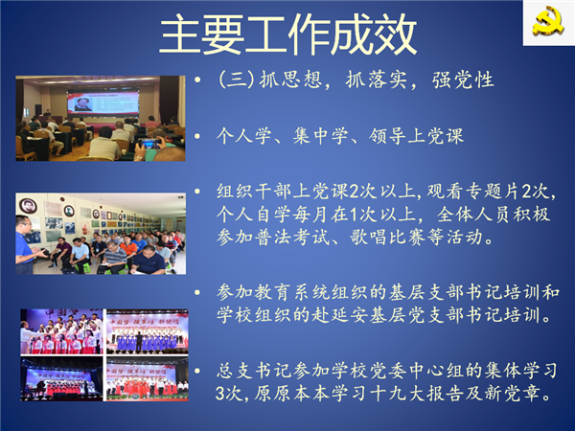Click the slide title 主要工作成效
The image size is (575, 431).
(x=288, y=34)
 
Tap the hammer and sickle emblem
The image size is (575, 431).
(x=548, y=21)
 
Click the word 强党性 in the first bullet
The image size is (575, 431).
(x=463, y=79)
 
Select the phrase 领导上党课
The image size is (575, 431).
(x=416, y=136)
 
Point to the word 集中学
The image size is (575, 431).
(x=320, y=136)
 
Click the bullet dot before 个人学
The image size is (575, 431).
(x=197, y=136)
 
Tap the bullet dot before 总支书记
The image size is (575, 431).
(x=197, y=371)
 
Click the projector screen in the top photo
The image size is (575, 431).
(x=103, y=102)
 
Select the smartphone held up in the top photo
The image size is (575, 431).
(x=149, y=144)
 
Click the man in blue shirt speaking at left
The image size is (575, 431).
(x=26, y=245)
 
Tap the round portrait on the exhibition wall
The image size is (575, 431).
(x=26, y=206)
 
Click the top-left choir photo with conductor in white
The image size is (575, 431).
(x=61, y=331)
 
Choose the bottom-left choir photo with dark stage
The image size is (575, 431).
(x=61, y=378)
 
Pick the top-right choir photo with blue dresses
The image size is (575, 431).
(x=147, y=331)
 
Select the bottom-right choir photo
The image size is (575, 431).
(x=147, y=378)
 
